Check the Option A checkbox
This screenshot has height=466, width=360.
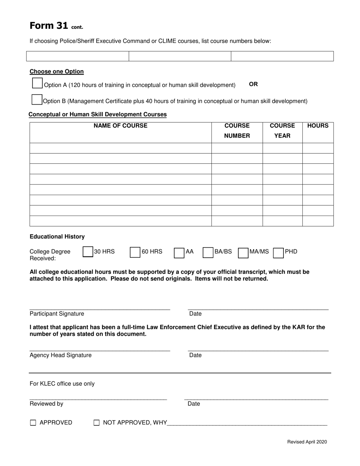pyautogui.click(x=38, y=83)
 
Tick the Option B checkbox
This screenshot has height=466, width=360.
pyautogui.click(x=37, y=100)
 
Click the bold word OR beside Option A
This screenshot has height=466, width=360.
pyautogui.click(x=253, y=84)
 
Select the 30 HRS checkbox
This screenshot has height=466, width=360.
pyautogui.click(x=88, y=252)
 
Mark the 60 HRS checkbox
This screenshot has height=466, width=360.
pyautogui.click(x=135, y=252)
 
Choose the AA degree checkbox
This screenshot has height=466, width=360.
pyautogui.click(x=179, y=253)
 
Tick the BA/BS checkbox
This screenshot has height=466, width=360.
pyautogui.click(x=208, y=253)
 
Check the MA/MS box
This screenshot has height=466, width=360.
pyautogui.click(x=243, y=253)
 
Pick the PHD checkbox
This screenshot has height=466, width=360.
pyautogui.click(x=278, y=253)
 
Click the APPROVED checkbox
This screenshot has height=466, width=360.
pyautogui.click(x=33, y=423)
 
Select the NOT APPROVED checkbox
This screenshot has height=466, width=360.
pyautogui.click(x=97, y=423)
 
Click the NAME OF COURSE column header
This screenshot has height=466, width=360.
pyautogui.click(x=121, y=126)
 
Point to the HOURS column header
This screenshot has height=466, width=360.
pyautogui.click(x=318, y=126)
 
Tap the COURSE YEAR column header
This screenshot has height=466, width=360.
pyautogui.click(x=282, y=131)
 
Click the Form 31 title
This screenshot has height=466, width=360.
pyautogui.click(x=49, y=26)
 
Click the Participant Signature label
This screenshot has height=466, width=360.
pyautogui.click(x=57, y=314)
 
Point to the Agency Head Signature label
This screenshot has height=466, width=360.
pyautogui.click(x=61, y=355)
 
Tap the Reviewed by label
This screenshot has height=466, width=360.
pyautogui.click(x=46, y=404)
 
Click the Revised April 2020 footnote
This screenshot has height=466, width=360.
pyautogui.click(x=307, y=442)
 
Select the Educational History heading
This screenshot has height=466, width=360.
pyautogui.click(x=57, y=236)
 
